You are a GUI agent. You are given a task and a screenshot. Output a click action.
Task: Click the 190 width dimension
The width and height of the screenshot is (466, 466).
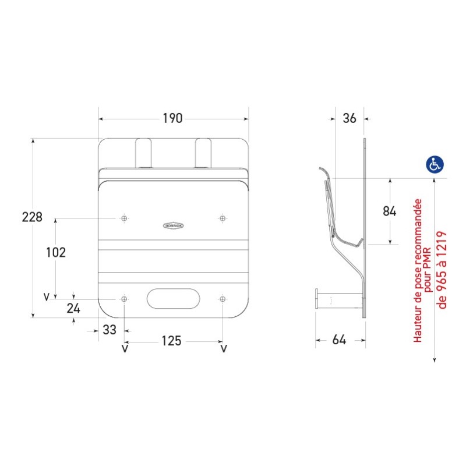pyautogui.click(x=172, y=118)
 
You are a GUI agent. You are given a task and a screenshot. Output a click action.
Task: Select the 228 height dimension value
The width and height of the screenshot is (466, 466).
pyautogui.click(x=32, y=217)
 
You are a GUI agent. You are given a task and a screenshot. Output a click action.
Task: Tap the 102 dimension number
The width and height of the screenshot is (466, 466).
pyautogui.click(x=56, y=252)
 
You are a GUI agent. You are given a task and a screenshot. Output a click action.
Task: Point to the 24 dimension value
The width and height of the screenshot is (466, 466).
pyautogui.click(x=73, y=309)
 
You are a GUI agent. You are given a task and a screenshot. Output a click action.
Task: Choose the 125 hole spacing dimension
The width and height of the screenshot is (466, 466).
pyautogui.click(x=171, y=341)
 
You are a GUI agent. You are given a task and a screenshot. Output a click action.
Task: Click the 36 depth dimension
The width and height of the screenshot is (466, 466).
pyautogui.click(x=349, y=118)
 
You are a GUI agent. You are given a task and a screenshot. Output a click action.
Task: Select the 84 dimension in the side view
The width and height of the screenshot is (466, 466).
pyautogui.click(x=390, y=211)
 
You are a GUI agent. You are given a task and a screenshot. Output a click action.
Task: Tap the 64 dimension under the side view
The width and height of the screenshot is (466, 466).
pyautogui.click(x=340, y=340)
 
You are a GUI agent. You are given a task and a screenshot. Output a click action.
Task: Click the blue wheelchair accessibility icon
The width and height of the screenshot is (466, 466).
pyautogui.click(x=434, y=164)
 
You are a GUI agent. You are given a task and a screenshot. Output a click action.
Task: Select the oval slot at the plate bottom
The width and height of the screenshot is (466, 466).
pyautogui.click(x=173, y=299)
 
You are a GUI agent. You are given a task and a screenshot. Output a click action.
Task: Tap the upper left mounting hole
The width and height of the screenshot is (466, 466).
pyautogui.click(x=124, y=218)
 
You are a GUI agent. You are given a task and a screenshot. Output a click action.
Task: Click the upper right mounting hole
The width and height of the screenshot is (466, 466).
pyautogui.click(x=223, y=218)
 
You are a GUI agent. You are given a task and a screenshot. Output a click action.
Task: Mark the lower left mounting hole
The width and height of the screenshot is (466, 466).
pyautogui.click(x=124, y=299)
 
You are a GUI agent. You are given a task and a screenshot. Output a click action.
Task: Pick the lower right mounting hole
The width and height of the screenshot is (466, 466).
pyautogui.click(x=223, y=299)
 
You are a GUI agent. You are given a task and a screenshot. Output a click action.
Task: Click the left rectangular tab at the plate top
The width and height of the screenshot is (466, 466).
pyautogui.click(x=144, y=153)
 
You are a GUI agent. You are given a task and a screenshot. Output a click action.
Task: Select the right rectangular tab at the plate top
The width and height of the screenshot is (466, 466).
pyautogui.click(x=203, y=153)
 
